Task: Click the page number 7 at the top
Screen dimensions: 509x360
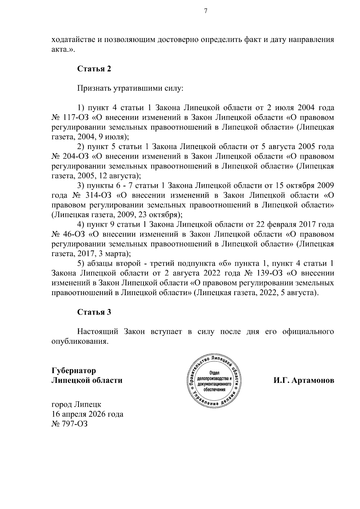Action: (x=205, y=11)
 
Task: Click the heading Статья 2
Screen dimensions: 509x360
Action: (x=94, y=69)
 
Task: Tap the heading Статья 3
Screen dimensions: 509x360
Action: (x=94, y=312)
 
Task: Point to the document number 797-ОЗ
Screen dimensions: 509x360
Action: (x=75, y=424)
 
